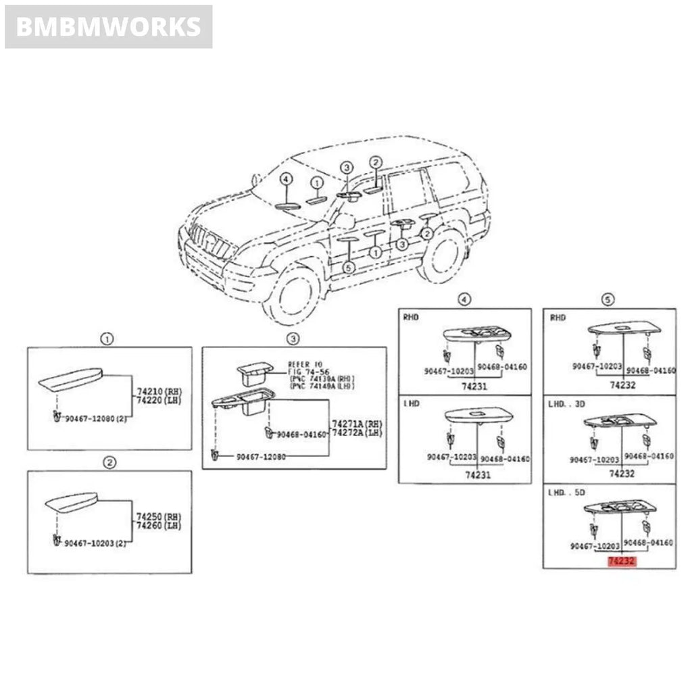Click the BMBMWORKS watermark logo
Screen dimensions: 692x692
tap(108, 27)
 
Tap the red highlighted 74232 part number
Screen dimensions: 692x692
tap(622, 561)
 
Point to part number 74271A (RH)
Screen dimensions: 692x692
tap(356, 423)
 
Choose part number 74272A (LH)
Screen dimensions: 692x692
tap(356, 432)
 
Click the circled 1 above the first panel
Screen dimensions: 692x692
tap(106, 339)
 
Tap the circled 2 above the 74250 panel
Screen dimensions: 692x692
tap(109, 462)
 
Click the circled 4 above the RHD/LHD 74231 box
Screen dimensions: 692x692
tap(464, 299)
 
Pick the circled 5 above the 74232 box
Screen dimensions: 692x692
tap(608, 299)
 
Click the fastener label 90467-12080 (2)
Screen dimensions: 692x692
tap(97, 419)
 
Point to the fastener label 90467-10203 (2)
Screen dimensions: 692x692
tap(97, 543)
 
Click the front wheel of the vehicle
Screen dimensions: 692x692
tap(295, 296)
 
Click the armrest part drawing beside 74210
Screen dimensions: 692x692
tap(70, 381)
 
